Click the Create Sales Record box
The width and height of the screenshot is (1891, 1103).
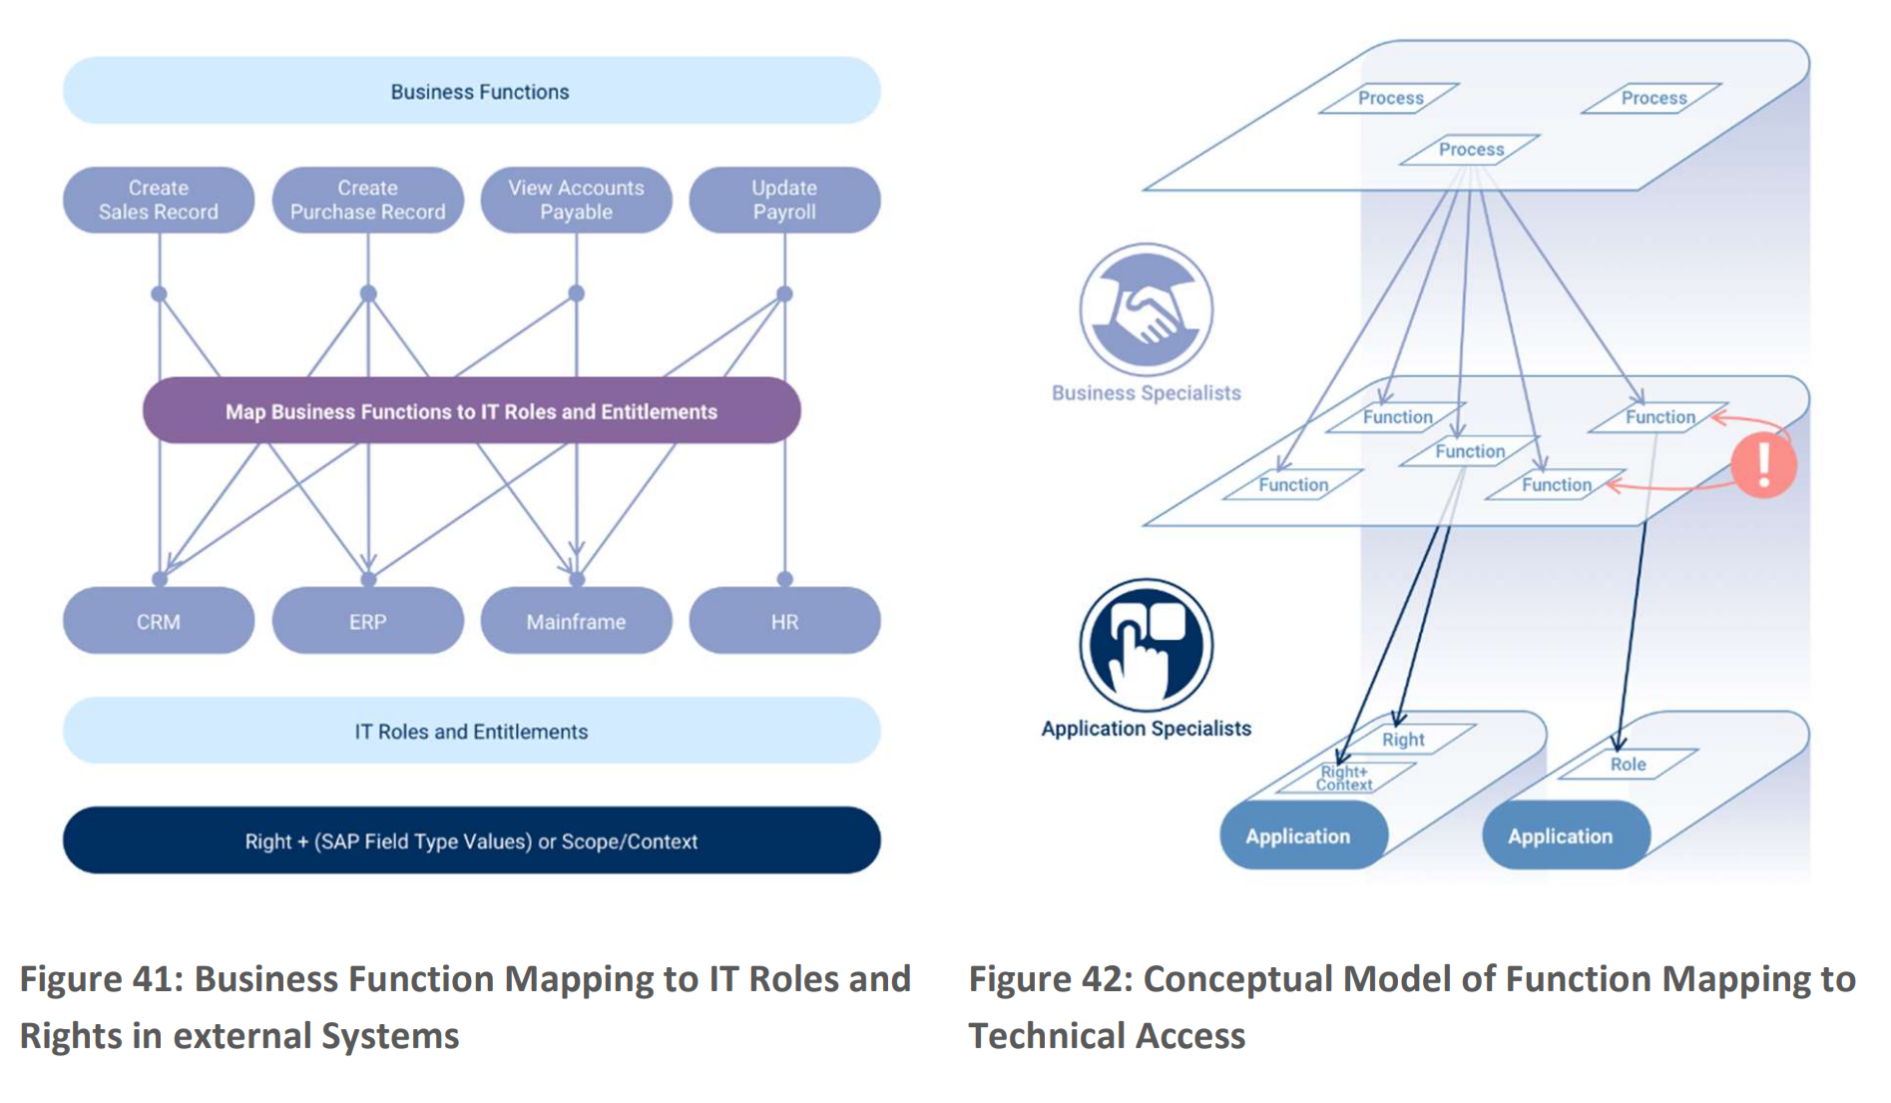point(159,200)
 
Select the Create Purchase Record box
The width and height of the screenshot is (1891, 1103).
point(367,200)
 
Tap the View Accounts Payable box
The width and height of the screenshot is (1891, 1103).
point(576,200)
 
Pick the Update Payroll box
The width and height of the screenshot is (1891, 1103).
point(784,200)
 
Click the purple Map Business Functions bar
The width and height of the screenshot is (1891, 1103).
point(471,410)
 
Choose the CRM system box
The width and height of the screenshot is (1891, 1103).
point(159,621)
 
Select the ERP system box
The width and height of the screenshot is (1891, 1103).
point(367,621)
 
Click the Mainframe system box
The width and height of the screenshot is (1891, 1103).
point(576,621)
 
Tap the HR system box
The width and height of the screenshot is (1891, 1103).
point(784,621)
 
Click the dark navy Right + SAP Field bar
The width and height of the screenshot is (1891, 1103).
point(471,840)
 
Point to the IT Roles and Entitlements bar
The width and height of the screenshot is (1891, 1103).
point(471,731)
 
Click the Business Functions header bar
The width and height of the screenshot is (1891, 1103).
point(471,91)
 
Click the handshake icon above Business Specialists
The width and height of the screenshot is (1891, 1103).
point(1146,309)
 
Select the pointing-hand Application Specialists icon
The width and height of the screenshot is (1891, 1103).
point(1146,645)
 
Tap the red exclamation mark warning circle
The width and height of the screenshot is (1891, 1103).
point(1764,464)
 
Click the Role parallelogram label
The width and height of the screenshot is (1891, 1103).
point(1628,764)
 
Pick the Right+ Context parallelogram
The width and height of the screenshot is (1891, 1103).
point(1344,778)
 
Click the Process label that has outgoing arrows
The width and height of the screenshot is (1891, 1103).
point(1471,150)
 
